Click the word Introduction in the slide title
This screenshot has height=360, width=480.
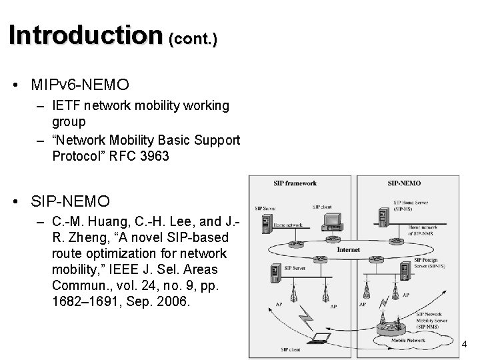point(85,34)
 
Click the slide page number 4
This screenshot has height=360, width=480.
point(465,344)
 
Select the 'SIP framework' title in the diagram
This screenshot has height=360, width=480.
point(295,184)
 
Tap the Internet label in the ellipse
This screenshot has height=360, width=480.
point(349,249)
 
